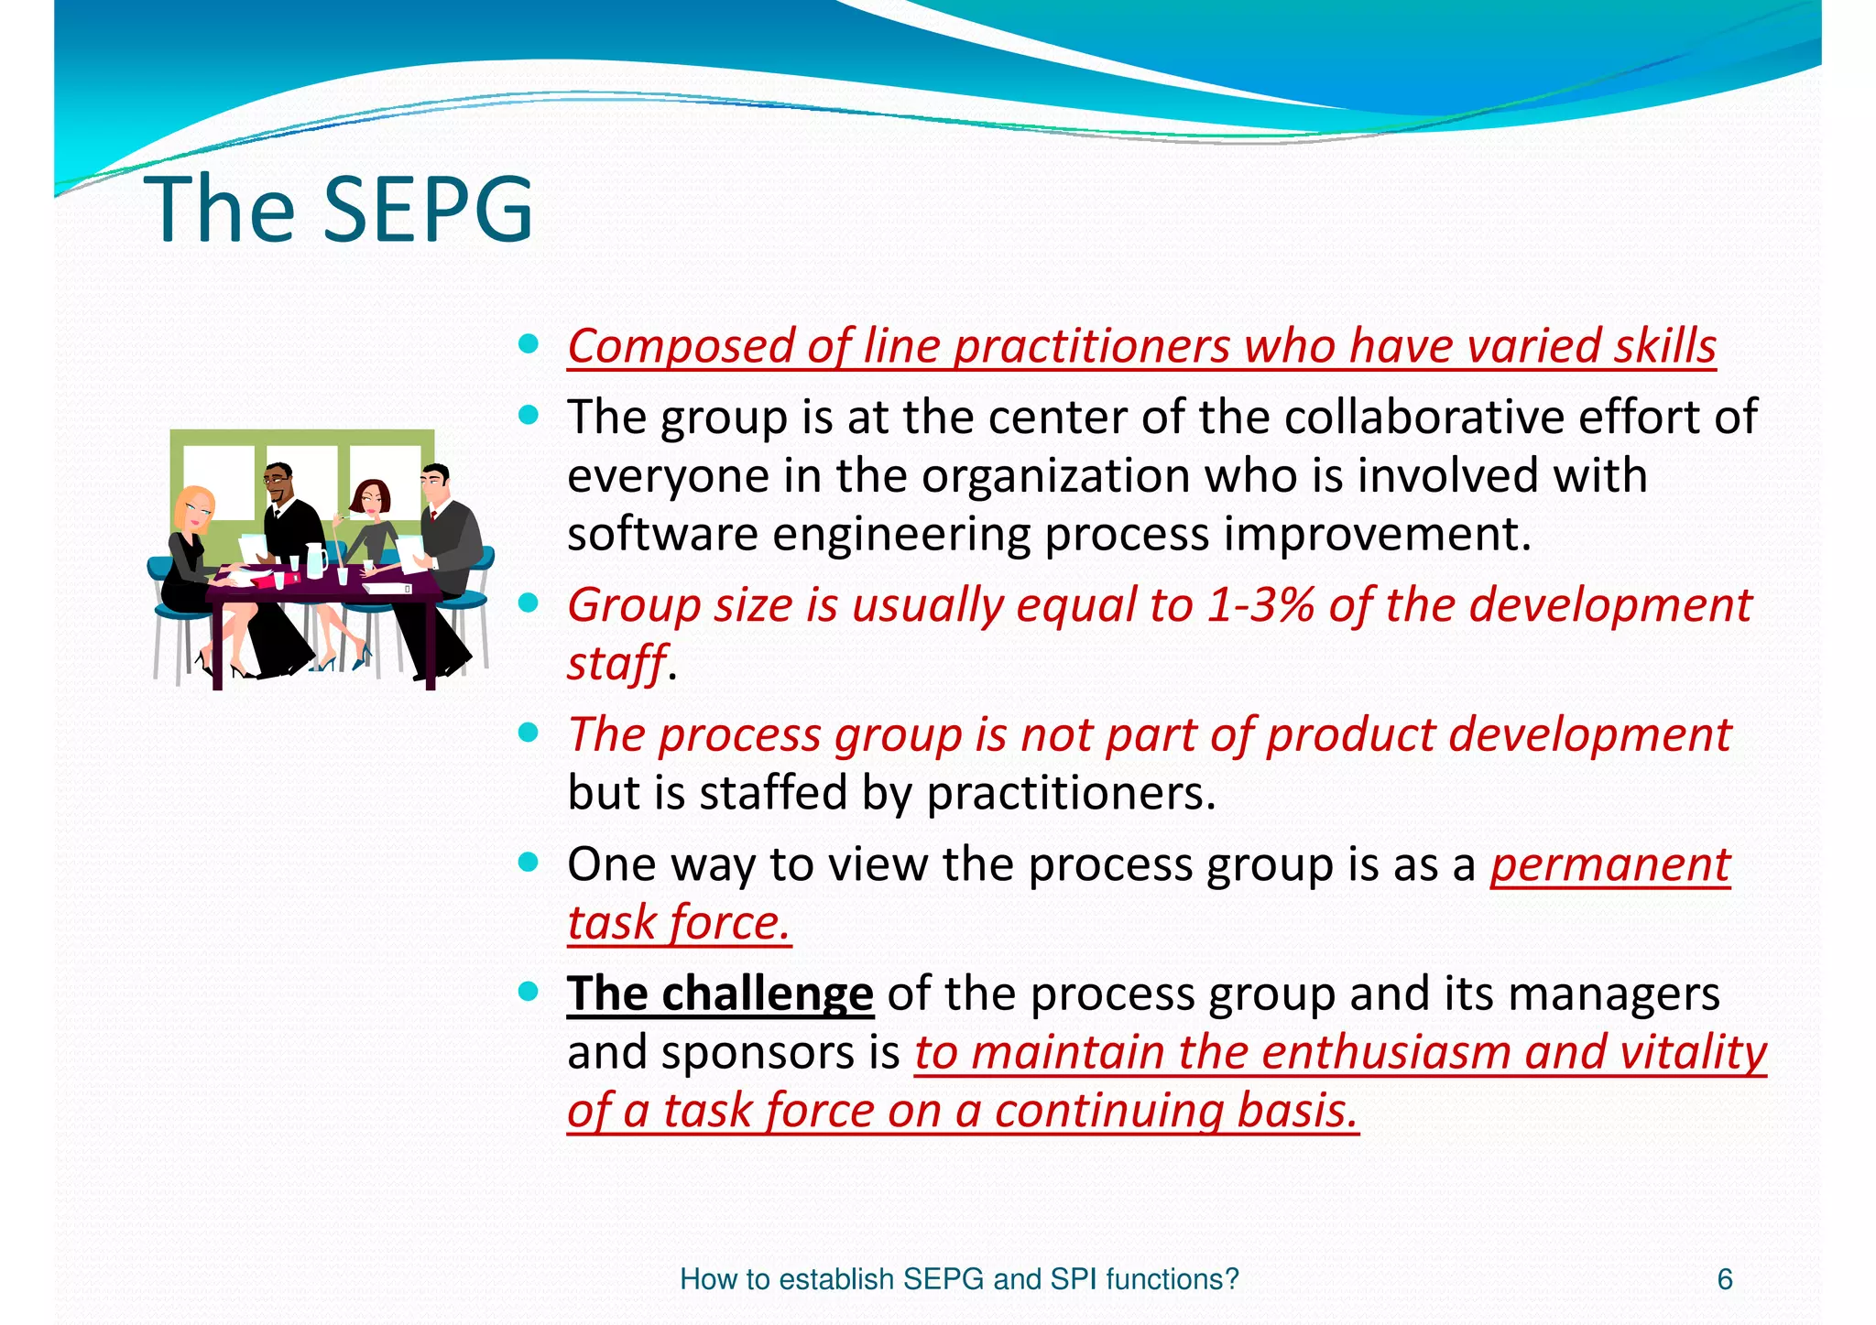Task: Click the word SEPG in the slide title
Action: click(x=428, y=210)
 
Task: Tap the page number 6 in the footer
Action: click(x=1725, y=1279)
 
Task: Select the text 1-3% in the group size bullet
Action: click(x=1260, y=605)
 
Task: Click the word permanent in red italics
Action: click(x=1609, y=865)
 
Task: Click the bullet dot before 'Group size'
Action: click(x=528, y=603)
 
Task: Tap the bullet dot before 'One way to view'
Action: click(x=528, y=863)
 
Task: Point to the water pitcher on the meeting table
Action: click(x=314, y=560)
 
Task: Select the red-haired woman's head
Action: click(x=371, y=498)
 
